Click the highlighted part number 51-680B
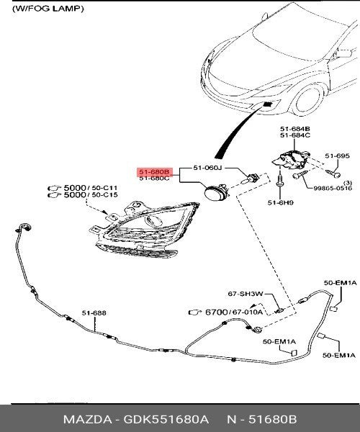(x=154, y=172)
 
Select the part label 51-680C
(x=154, y=179)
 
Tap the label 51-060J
(x=207, y=168)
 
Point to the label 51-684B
(x=295, y=129)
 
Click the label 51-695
(x=337, y=156)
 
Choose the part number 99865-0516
(x=333, y=189)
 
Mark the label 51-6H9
(x=280, y=203)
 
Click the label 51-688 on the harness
(x=94, y=313)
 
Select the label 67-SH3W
(x=246, y=294)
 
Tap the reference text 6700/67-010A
(x=234, y=312)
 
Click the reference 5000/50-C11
(x=90, y=188)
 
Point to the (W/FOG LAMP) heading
(x=48, y=9)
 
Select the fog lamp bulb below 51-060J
(x=250, y=179)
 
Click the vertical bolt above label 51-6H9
(x=280, y=179)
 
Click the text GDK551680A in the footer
(x=166, y=419)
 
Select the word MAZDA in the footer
(x=87, y=419)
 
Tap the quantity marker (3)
(x=348, y=182)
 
